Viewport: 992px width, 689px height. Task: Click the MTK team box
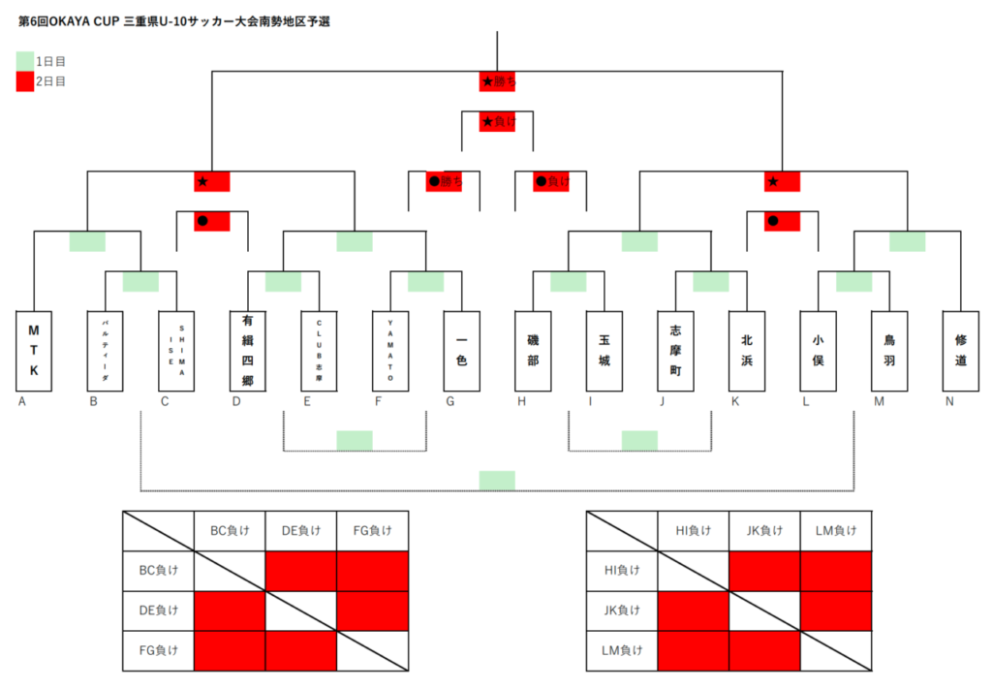point(34,351)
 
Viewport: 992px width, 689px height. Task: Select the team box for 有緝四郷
point(248,351)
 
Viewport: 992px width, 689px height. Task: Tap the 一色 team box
point(461,351)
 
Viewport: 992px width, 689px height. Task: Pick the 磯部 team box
point(533,351)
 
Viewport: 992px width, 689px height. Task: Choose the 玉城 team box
point(604,351)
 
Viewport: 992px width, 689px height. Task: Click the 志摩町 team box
point(675,351)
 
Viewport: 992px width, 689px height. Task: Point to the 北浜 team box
point(746,351)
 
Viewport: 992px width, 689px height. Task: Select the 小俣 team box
point(818,351)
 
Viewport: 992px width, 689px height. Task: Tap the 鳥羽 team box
point(888,351)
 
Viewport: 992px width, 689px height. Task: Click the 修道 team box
point(960,351)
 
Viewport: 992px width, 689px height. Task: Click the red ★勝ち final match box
point(497,82)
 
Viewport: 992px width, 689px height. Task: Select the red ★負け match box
point(497,122)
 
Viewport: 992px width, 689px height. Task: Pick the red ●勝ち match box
point(444,181)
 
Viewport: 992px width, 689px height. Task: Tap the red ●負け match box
point(550,181)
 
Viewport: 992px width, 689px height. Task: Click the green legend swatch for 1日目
point(26,60)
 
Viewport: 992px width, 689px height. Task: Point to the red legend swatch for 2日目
point(26,81)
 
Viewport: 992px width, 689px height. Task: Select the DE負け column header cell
point(300,531)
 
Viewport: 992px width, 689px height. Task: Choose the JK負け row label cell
point(621,611)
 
